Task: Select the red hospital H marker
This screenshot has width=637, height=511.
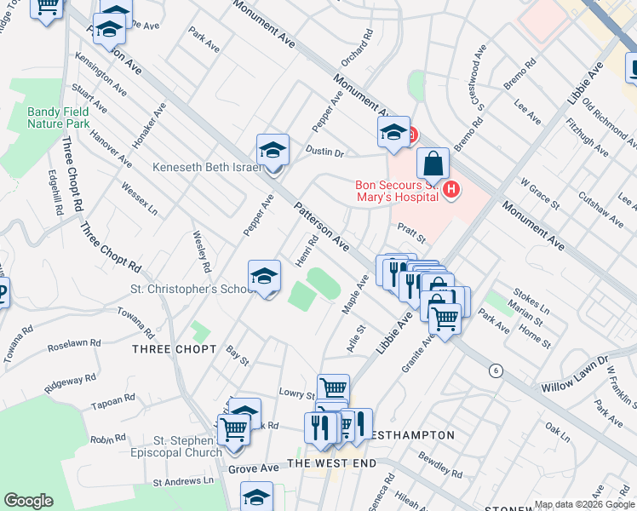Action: coord(452,189)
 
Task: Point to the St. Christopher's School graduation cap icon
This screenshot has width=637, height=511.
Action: coord(265,275)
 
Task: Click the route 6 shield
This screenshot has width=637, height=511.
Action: coord(494,370)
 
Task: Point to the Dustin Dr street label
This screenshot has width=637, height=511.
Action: coord(324,152)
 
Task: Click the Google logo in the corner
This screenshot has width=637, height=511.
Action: coord(28,501)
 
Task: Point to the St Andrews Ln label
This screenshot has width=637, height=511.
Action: coord(183,481)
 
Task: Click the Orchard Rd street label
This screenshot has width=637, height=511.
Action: coord(356,49)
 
